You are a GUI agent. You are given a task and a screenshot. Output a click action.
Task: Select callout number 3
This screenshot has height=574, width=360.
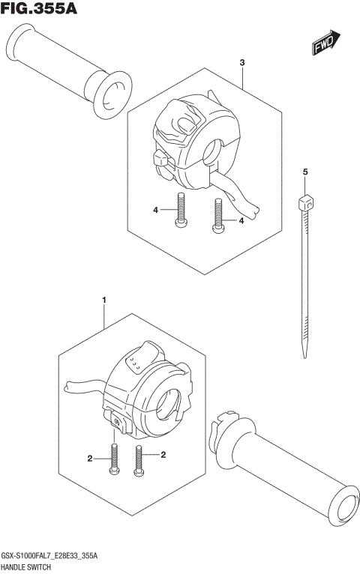pos(242,63)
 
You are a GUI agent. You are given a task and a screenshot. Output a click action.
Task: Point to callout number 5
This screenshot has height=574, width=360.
pos(305,173)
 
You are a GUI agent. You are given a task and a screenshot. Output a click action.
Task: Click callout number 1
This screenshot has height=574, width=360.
pos(103,300)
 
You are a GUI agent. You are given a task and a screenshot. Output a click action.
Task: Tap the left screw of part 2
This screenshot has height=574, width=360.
pos(115,459)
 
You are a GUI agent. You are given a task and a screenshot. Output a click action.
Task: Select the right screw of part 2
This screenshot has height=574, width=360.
pos(139,459)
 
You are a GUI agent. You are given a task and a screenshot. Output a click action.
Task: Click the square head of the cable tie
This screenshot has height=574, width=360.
pos(304,201)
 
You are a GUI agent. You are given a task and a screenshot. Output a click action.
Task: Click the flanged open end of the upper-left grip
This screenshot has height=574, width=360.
pos(109,93)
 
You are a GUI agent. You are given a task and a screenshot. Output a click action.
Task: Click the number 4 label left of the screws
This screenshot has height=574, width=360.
pos(156,211)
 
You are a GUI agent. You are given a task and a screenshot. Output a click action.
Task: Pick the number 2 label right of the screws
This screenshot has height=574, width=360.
pos(163,455)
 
